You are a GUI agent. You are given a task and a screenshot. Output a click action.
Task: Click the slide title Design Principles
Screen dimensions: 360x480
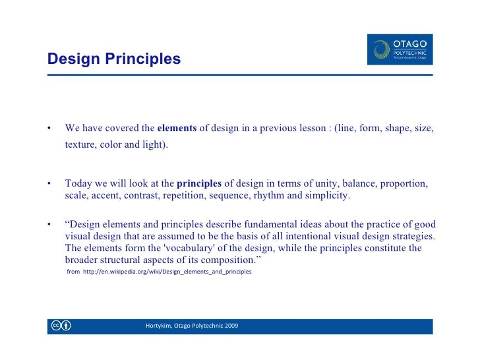(113, 59)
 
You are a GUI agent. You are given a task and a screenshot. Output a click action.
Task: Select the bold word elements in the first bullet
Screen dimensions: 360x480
(177, 129)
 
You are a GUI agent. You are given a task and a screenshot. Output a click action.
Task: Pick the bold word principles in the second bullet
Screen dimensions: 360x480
(200, 183)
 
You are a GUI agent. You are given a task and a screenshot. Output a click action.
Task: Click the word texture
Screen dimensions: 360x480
(80, 145)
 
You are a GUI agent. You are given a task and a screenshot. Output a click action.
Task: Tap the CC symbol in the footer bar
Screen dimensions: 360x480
(55, 326)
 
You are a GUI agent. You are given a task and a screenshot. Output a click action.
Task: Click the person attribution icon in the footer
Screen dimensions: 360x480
(67, 326)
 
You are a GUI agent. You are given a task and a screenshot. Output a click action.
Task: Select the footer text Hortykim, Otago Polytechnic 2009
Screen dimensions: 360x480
(192, 326)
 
